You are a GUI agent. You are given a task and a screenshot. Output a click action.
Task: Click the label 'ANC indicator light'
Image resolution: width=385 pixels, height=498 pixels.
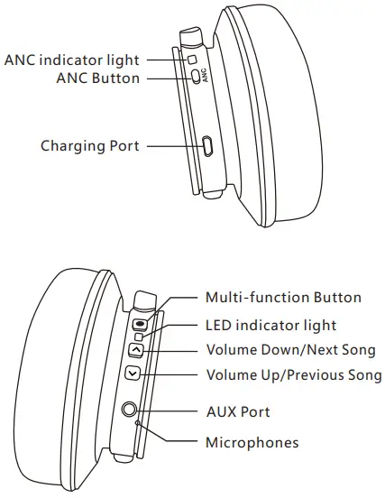[72, 60]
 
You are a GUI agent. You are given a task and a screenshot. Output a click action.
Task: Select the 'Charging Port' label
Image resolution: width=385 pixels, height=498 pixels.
[90, 145]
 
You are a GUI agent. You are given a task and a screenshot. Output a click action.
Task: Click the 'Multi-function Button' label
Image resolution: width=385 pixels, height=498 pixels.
[283, 298]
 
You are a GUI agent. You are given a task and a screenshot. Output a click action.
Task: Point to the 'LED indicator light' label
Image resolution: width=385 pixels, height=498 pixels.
[270, 325]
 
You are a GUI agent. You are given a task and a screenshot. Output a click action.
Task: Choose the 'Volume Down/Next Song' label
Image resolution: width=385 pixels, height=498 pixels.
[290, 350]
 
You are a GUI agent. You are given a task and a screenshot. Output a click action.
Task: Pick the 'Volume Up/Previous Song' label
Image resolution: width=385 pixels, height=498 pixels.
[294, 375]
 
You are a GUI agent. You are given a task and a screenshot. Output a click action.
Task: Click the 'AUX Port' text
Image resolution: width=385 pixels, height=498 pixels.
[238, 411]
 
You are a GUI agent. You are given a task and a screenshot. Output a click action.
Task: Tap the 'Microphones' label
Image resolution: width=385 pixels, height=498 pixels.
[252, 442]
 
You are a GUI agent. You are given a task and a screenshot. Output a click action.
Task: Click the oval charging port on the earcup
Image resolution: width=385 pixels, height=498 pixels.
[207, 146]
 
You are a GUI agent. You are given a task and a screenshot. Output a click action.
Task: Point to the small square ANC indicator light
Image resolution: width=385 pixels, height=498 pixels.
[191, 60]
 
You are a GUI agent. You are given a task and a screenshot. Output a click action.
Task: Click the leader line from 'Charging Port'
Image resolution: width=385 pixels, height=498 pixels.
[171, 145]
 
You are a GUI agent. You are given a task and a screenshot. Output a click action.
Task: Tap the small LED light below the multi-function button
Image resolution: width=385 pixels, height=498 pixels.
[138, 337]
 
